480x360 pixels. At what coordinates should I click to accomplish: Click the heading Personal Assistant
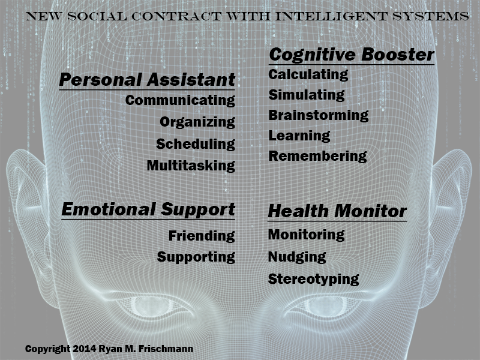coord(147,80)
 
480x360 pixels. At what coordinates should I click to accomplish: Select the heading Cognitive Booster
coord(352,55)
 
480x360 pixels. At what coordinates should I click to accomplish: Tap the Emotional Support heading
coord(148,209)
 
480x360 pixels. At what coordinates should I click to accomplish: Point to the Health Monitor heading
coord(337,211)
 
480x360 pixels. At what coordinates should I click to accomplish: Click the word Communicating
coord(180,100)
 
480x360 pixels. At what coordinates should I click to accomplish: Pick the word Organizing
coord(197,122)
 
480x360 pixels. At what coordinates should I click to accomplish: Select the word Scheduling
coord(196,145)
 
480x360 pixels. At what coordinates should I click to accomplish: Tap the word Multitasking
coord(191,166)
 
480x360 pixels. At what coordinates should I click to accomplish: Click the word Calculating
coord(308,74)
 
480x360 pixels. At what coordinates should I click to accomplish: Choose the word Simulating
coord(307,95)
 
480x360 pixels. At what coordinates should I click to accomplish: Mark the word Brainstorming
coord(319,115)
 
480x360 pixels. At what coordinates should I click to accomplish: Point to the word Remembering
coord(317,156)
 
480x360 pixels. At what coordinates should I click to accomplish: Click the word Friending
coord(202,236)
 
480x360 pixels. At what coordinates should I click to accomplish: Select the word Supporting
coord(196,257)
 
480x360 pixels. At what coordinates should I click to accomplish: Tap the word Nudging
coord(297,257)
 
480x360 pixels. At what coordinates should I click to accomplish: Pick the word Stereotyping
coord(314,279)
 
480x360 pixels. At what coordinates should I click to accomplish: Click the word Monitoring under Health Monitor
coord(306,235)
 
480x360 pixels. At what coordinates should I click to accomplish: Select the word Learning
coord(299,136)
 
